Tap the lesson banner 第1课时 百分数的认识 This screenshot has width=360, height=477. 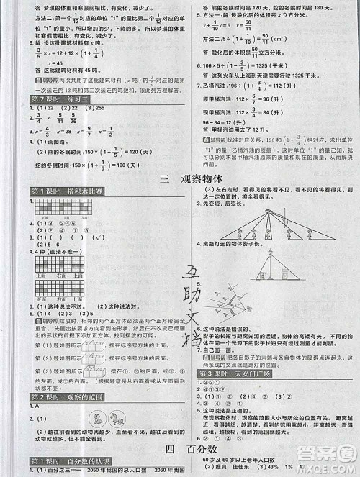[x=67, y=460]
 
